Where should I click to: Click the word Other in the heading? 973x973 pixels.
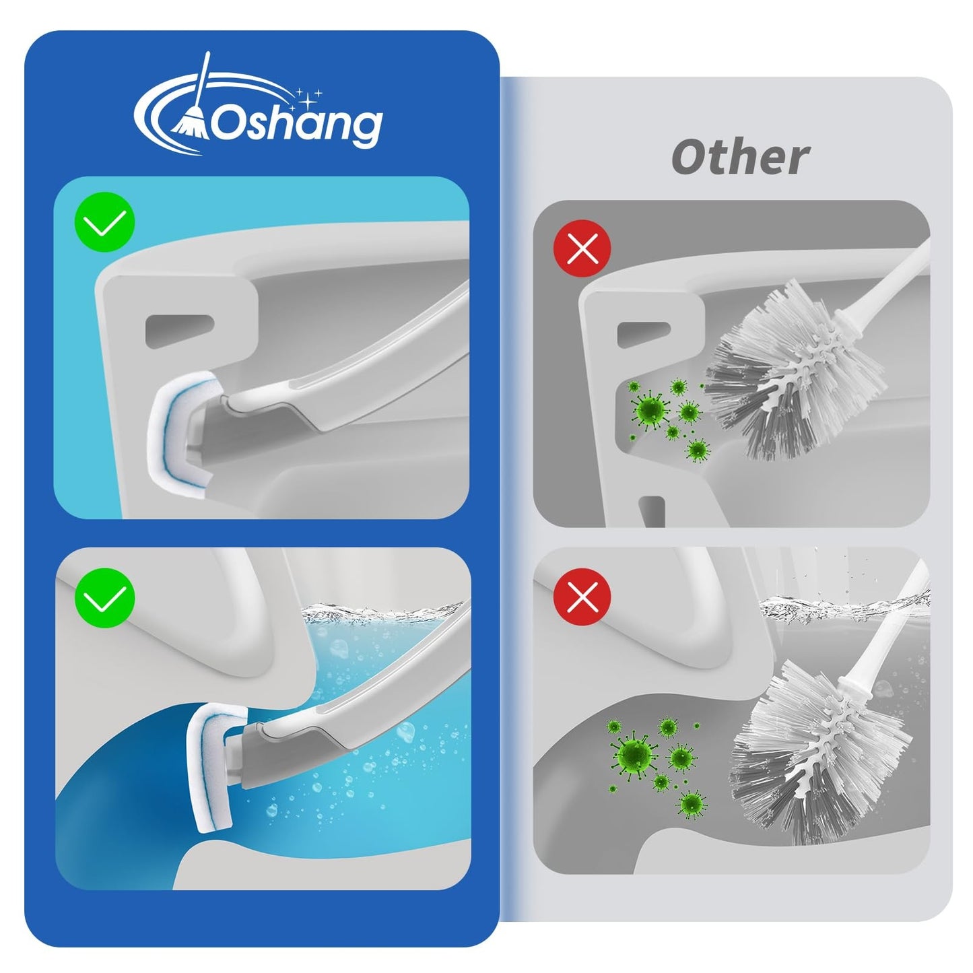(x=739, y=158)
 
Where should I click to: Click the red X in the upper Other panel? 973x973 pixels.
(x=582, y=250)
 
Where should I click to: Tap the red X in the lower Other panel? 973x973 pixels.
(x=582, y=596)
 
